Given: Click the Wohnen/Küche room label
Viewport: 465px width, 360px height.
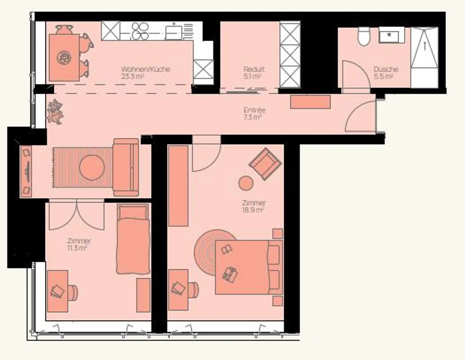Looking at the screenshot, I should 145,69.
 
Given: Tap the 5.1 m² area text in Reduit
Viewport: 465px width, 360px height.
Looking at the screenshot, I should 252,77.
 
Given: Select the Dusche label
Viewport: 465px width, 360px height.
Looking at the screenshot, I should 386,69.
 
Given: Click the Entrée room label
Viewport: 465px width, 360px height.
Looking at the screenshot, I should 254,110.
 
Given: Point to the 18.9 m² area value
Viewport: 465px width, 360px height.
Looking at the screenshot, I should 253,210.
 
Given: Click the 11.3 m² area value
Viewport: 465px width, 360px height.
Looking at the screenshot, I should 77,248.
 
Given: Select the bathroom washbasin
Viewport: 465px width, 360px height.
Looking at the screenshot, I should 391,35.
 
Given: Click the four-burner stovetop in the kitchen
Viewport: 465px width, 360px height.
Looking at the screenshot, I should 140,31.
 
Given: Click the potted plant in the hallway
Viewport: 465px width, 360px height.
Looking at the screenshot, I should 55,112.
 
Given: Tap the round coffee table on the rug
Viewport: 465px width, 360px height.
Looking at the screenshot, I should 92,167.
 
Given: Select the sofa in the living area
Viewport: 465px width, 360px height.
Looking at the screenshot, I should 126,167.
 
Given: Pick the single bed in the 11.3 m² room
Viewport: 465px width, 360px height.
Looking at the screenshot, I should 133,239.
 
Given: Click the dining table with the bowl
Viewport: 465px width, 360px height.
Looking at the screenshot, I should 64,58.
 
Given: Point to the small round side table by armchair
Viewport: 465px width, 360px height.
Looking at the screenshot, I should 246,183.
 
